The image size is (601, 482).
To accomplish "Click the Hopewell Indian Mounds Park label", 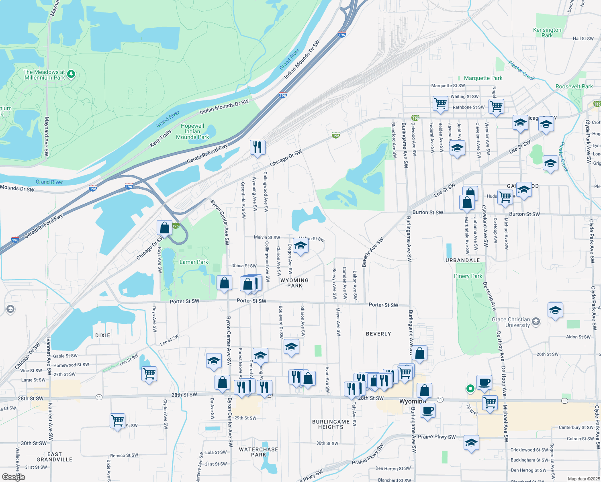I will (x=192, y=131).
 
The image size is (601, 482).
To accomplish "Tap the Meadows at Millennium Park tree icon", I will (x=71, y=74).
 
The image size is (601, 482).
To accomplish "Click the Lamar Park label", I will (x=194, y=262).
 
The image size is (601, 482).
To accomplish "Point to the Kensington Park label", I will (x=547, y=33).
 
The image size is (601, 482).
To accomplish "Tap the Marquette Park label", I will (x=483, y=78).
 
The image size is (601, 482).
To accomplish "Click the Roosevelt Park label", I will (x=574, y=86).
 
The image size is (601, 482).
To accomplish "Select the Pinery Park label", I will (x=468, y=276).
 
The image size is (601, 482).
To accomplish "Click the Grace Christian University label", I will (x=511, y=322).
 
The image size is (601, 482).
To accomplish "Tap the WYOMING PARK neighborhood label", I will (x=294, y=283).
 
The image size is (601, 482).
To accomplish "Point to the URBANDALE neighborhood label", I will (x=462, y=260).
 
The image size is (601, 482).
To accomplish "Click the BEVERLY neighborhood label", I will (x=378, y=334).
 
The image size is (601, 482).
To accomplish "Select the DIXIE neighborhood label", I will (x=103, y=335).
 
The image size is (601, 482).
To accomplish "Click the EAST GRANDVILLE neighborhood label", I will (x=55, y=457).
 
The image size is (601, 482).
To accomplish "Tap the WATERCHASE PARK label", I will (x=258, y=452).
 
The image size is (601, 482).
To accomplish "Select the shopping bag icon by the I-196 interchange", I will (x=164, y=228).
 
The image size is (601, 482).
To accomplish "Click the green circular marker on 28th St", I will (x=470, y=388).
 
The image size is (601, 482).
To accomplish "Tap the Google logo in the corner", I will (x=13, y=477).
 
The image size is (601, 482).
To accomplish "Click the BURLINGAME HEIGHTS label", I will (x=331, y=424).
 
